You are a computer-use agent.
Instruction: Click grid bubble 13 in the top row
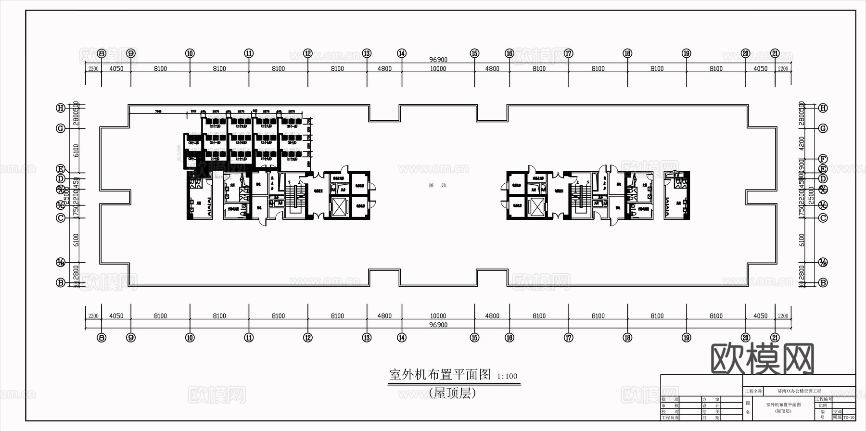367,53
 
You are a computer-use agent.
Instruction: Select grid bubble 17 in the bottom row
569,338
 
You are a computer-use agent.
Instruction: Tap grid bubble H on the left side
61,108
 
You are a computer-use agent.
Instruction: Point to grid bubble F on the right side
823,159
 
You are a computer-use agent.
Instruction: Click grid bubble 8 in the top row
102,53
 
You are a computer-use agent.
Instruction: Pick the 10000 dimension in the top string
438,69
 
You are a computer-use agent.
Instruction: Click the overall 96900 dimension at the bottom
438,325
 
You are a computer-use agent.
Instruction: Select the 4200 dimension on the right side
802,143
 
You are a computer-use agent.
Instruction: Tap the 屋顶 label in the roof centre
438,185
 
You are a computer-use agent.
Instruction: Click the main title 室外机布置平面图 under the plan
440,375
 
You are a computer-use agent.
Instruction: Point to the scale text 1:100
507,377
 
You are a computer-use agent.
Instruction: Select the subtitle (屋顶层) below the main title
452,393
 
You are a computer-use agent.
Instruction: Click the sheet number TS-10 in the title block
849,418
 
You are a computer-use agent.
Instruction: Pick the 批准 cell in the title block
670,399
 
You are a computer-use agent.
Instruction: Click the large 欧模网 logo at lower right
762,359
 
